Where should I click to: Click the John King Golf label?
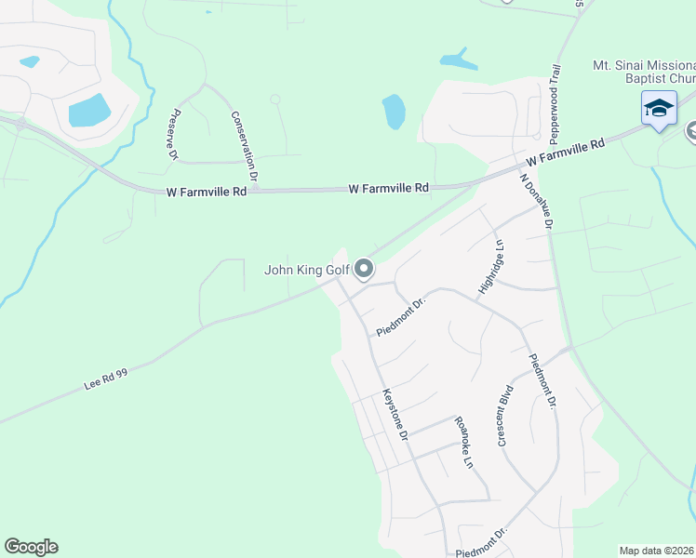point(306,271)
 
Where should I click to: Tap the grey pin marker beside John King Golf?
point(364,270)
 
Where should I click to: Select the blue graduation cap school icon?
point(659,109)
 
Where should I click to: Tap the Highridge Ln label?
point(490,269)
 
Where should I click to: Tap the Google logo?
point(31,547)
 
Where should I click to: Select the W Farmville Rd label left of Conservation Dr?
point(207,192)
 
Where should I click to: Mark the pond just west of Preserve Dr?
point(88,110)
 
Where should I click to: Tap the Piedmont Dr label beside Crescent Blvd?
point(542,381)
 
